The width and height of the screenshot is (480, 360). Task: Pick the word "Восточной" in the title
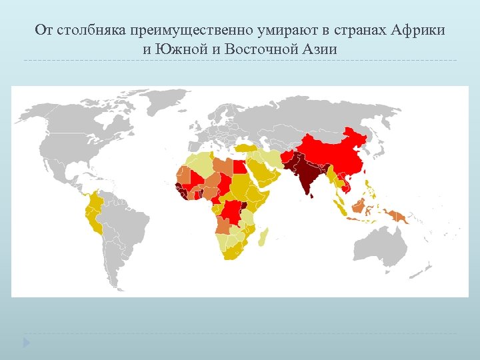pyautogui.click(x=259, y=49)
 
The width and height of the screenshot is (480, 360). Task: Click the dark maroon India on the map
pyautogui.click(x=306, y=177)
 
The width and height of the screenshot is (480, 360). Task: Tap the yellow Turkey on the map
pyautogui.click(x=248, y=148)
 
